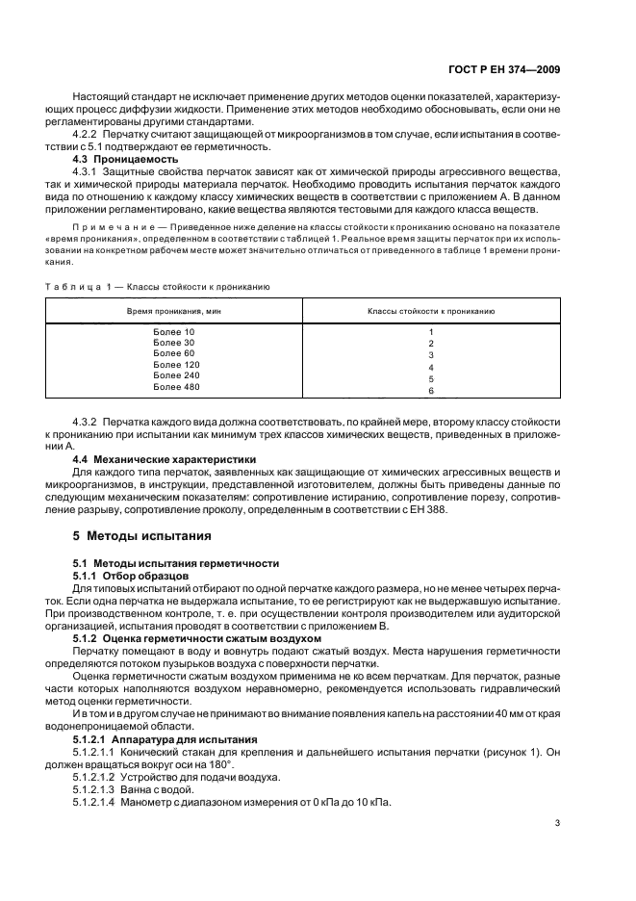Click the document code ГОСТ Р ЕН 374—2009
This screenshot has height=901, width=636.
point(507,70)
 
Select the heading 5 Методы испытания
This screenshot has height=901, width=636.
point(136,535)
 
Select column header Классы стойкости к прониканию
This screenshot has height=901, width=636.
point(431,312)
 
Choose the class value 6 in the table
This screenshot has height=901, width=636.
point(431,392)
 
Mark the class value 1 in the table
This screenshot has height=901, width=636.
point(431,333)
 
